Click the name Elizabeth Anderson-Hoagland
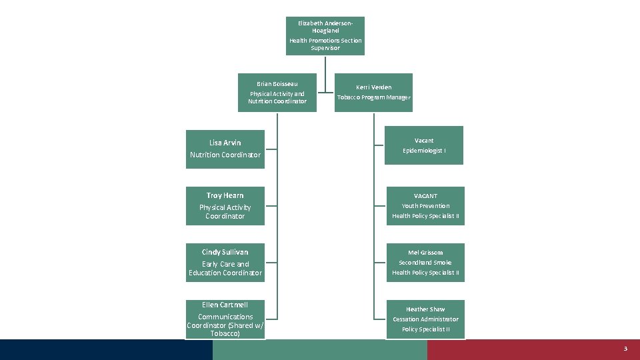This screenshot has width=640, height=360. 325,27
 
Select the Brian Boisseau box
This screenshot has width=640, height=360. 277,93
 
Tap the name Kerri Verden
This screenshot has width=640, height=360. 373,87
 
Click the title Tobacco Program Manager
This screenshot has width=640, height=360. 373,98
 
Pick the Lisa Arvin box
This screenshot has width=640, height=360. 225,149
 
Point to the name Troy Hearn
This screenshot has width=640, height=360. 225,195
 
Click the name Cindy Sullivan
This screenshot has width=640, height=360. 225,252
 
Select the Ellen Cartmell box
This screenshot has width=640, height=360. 225,319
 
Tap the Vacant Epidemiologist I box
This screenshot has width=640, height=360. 424,145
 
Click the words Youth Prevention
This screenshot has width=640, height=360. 425,206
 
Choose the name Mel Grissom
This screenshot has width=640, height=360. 425,253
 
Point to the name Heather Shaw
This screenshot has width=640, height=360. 425,309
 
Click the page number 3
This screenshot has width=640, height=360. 625,349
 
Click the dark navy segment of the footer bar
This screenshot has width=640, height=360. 107,349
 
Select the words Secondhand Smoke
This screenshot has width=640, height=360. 425,263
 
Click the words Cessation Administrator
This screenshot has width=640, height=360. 425,319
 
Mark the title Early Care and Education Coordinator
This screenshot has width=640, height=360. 225,269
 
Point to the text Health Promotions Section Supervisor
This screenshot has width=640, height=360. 325,44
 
